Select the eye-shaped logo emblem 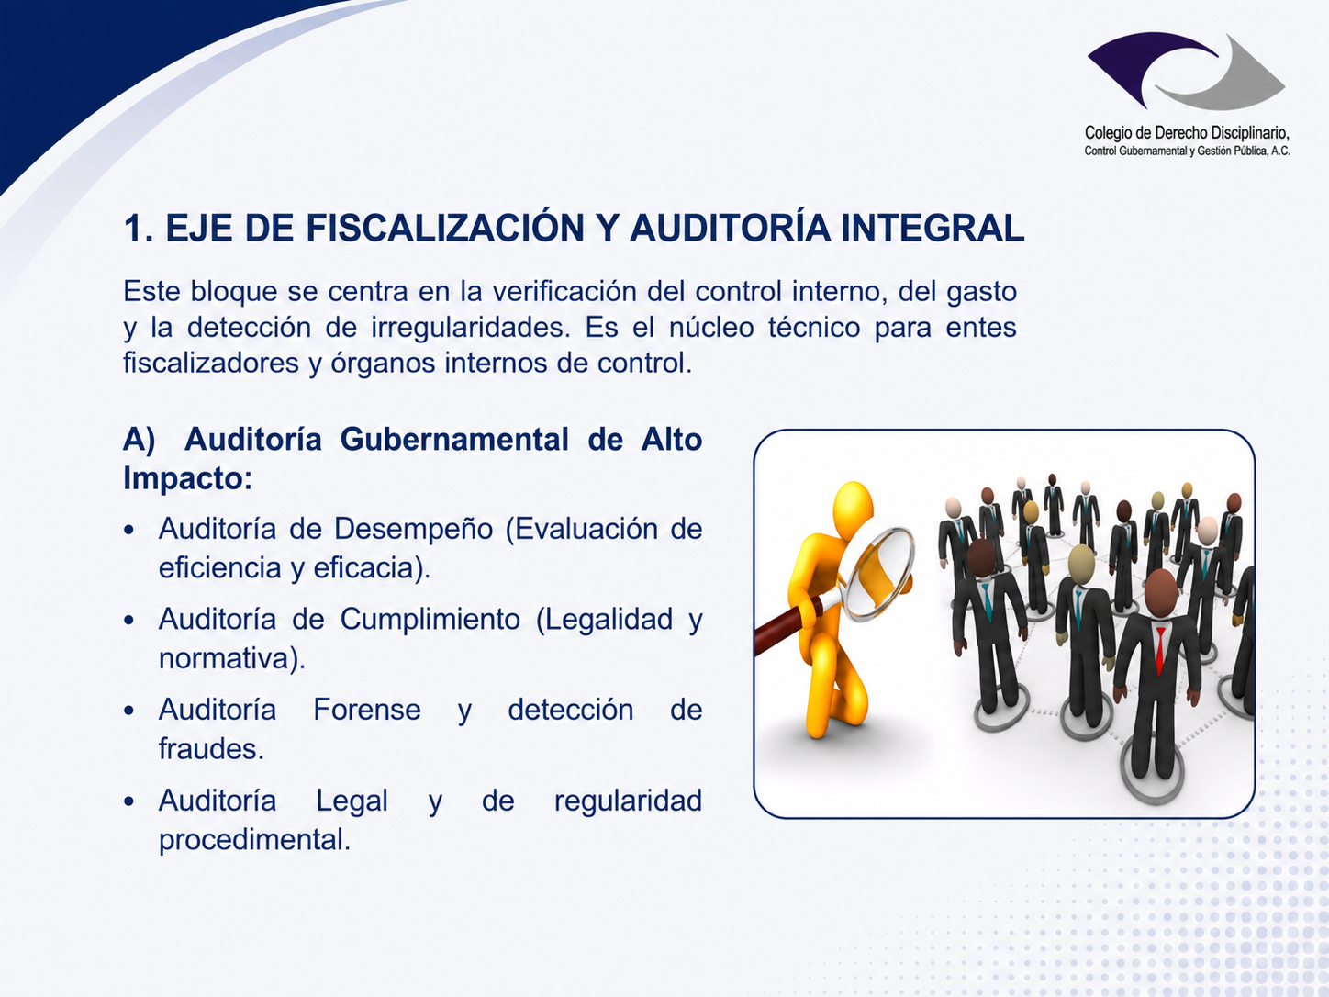tap(1186, 71)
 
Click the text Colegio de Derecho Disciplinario tap(1187, 132)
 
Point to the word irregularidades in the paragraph tap(471, 328)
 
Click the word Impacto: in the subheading tap(188, 478)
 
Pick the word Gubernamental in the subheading tap(454, 439)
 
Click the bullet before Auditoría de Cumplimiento tap(128, 621)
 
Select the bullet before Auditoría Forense tap(128, 711)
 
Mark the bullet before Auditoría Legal tap(128, 801)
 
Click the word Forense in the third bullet tap(367, 710)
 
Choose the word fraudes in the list tap(211, 749)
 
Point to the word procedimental tap(254, 840)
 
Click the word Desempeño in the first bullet tap(414, 530)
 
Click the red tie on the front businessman tap(1160, 651)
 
